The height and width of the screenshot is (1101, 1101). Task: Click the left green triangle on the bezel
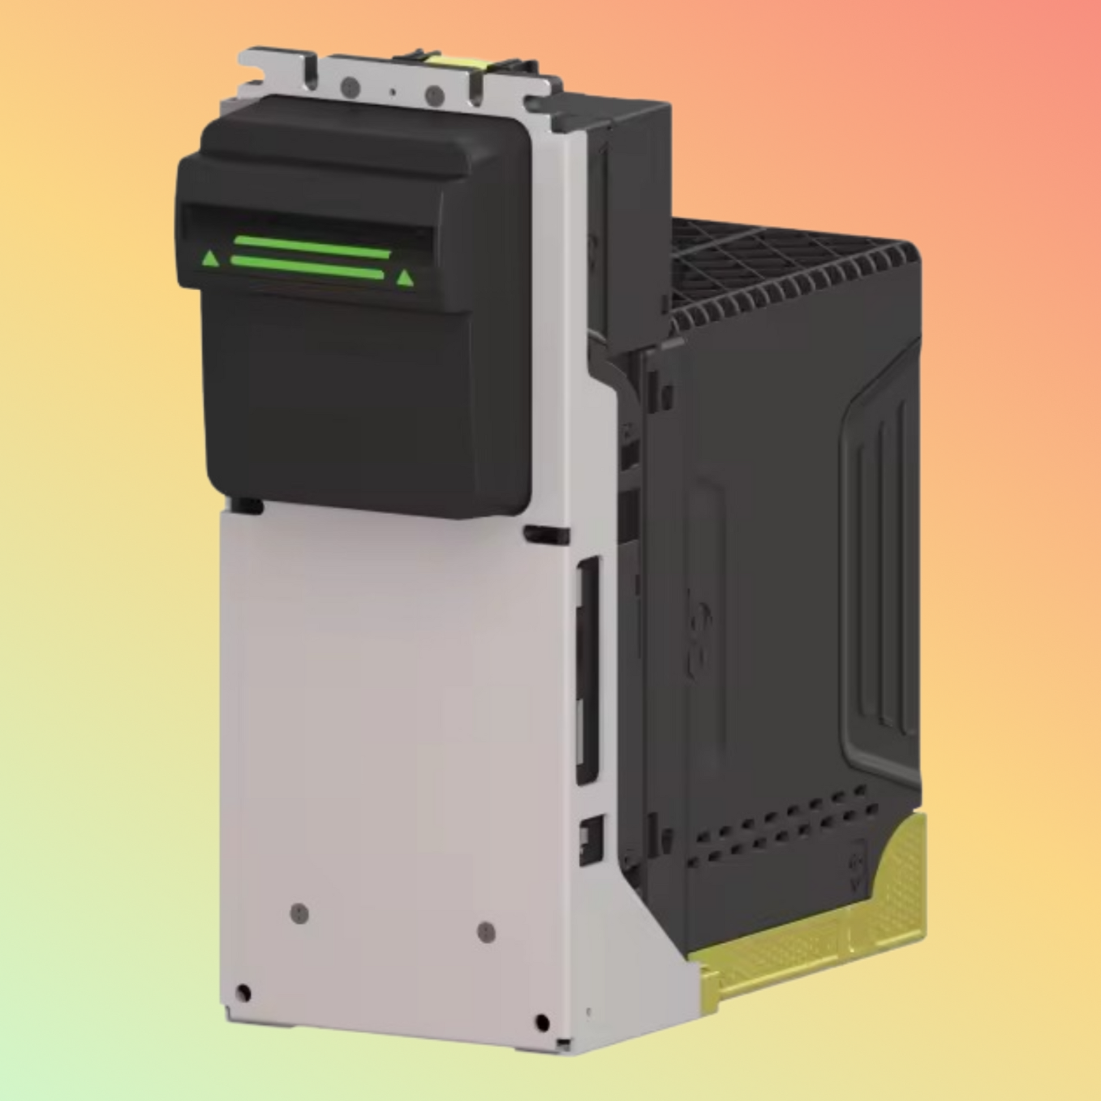(210, 259)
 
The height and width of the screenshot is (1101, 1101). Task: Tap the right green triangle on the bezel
(405, 278)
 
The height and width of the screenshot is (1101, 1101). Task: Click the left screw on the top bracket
(349, 87)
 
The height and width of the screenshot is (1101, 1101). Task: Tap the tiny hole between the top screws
(392, 91)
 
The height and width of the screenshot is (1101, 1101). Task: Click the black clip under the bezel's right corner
(546, 535)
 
